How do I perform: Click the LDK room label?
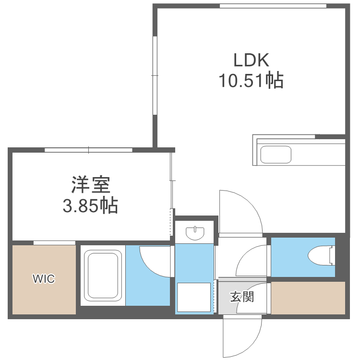tap(251, 60)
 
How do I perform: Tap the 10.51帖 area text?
tap(251, 81)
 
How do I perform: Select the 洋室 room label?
tap(91, 184)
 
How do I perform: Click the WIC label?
tap(44, 278)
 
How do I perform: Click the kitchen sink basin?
tap(276, 155)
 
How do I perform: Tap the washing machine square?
tap(194, 297)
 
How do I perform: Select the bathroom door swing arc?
tap(154, 262)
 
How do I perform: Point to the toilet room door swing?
tap(253, 262)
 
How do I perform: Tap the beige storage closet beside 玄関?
tap(308, 298)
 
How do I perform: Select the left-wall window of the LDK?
tap(155, 75)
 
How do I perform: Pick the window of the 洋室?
tap(88, 150)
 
